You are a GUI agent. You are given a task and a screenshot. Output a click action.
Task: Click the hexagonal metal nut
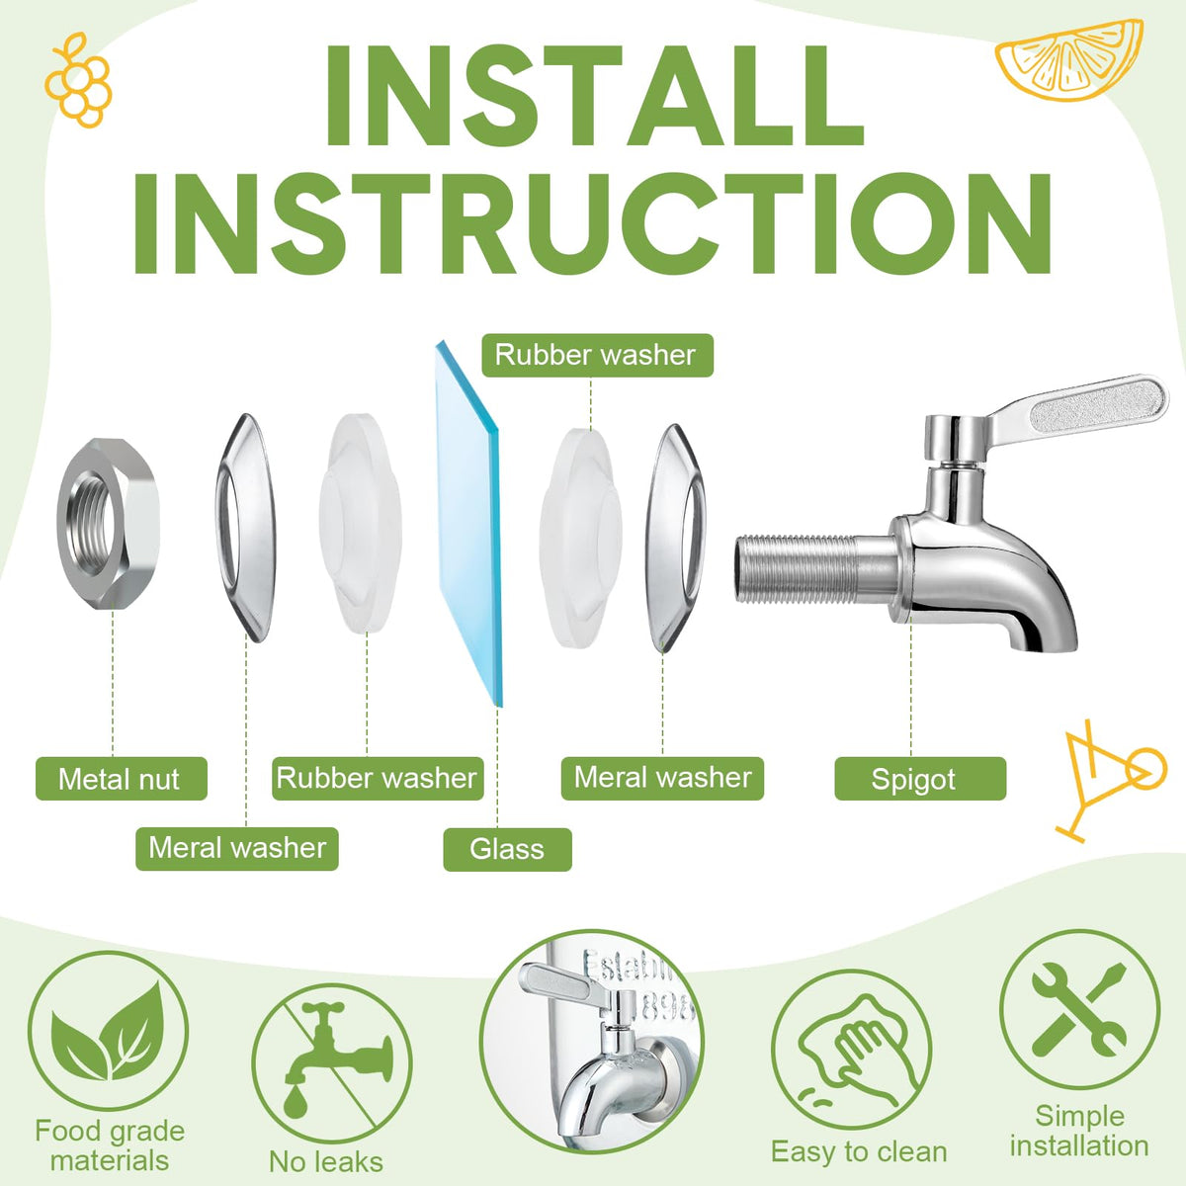click(x=109, y=524)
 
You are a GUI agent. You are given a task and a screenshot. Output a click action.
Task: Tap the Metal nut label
click(x=122, y=779)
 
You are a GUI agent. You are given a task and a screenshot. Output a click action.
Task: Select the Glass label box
click(x=507, y=849)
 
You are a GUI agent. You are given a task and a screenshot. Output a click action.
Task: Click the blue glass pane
click(x=469, y=523)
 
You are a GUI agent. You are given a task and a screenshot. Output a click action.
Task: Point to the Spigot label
click(x=920, y=779)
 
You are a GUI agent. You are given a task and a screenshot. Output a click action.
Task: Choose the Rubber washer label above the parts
click(x=597, y=355)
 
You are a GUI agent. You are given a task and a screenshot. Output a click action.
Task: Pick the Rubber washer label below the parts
click(x=378, y=779)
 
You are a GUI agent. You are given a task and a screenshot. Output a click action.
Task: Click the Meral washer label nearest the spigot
click(x=662, y=779)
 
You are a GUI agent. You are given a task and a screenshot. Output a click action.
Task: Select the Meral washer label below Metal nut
click(x=237, y=849)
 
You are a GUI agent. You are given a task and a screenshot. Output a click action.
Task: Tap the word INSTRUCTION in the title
click(x=592, y=223)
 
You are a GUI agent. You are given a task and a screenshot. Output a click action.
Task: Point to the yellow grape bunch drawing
click(x=78, y=80)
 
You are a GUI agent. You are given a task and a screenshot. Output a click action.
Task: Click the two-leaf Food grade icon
click(x=109, y=1040)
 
